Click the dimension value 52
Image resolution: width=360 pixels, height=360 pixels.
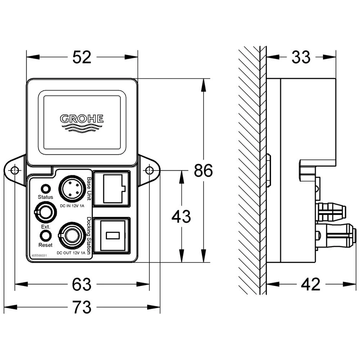[x=82, y=57]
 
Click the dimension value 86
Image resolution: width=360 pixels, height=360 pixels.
[x=203, y=171]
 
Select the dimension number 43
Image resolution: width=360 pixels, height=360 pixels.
[x=181, y=217]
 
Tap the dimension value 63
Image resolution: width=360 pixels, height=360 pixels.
[x=82, y=285]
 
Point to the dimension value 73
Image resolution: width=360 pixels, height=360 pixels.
[x=82, y=307]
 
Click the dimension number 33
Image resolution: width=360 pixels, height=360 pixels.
[x=301, y=57]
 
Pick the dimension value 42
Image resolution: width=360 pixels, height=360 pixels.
[x=310, y=285]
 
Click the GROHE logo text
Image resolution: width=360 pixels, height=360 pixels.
[x=82, y=118]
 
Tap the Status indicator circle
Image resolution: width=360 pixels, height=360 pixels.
[x=46, y=188]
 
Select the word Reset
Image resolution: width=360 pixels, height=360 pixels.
[x=45, y=245]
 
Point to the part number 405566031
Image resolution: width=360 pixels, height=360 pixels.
[x=40, y=255]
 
